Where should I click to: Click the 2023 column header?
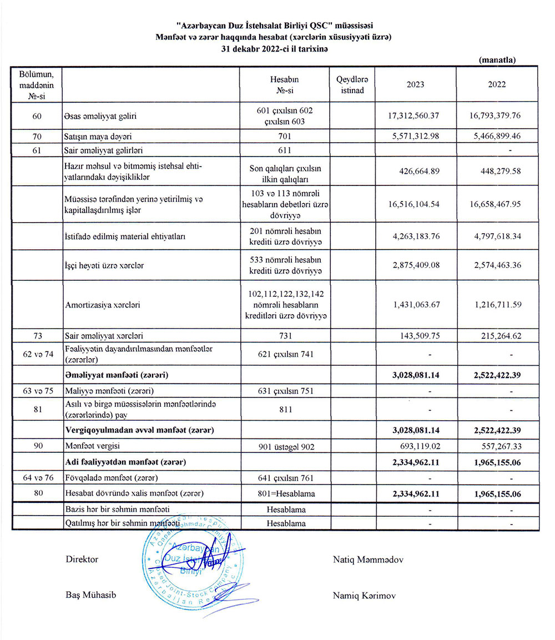(x=415, y=84)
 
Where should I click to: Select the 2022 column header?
(x=497, y=84)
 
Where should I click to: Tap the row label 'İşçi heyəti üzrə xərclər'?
(x=104, y=265)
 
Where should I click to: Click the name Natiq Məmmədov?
(x=368, y=560)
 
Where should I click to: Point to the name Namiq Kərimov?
(x=364, y=595)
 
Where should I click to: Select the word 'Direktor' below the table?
(x=82, y=560)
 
